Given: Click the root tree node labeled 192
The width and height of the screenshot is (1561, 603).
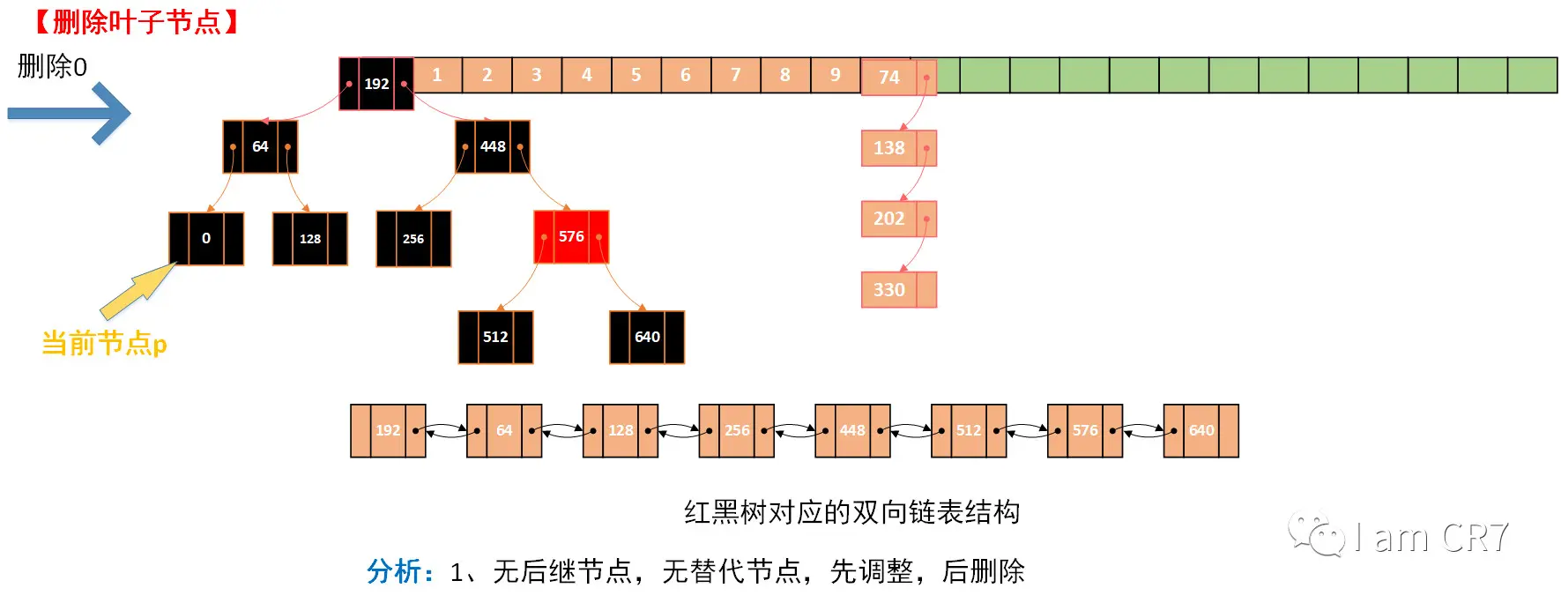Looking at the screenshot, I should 376,84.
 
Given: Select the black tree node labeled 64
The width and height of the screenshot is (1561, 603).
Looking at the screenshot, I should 260,146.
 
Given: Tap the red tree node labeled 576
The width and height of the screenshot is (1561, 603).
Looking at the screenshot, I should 571,236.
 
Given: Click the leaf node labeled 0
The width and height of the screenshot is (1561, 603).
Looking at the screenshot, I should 206,238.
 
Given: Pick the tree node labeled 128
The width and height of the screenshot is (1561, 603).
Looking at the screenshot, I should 310,238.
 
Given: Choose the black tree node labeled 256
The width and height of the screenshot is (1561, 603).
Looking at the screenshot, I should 413,238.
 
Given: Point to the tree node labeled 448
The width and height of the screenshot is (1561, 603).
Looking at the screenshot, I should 493,146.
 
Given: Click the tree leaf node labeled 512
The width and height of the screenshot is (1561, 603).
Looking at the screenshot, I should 495,337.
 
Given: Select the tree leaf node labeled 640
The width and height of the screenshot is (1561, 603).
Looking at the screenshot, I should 647,337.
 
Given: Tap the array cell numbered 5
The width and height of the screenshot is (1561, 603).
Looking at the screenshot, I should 636,75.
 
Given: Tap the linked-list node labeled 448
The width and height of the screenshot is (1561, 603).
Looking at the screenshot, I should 852,430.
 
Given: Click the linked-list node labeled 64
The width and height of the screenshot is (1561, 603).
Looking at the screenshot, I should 504,430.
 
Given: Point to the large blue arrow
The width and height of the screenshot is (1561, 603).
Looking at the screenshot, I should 71,113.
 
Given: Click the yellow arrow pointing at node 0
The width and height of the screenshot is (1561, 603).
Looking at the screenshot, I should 138,290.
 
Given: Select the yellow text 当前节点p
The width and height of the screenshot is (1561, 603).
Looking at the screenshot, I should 104,343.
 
